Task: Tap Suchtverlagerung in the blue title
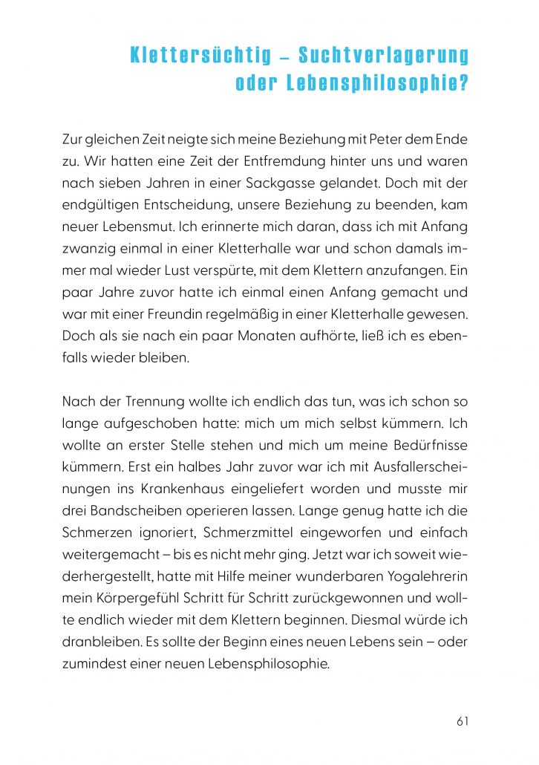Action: click(383, 56)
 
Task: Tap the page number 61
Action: click(463, 720)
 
